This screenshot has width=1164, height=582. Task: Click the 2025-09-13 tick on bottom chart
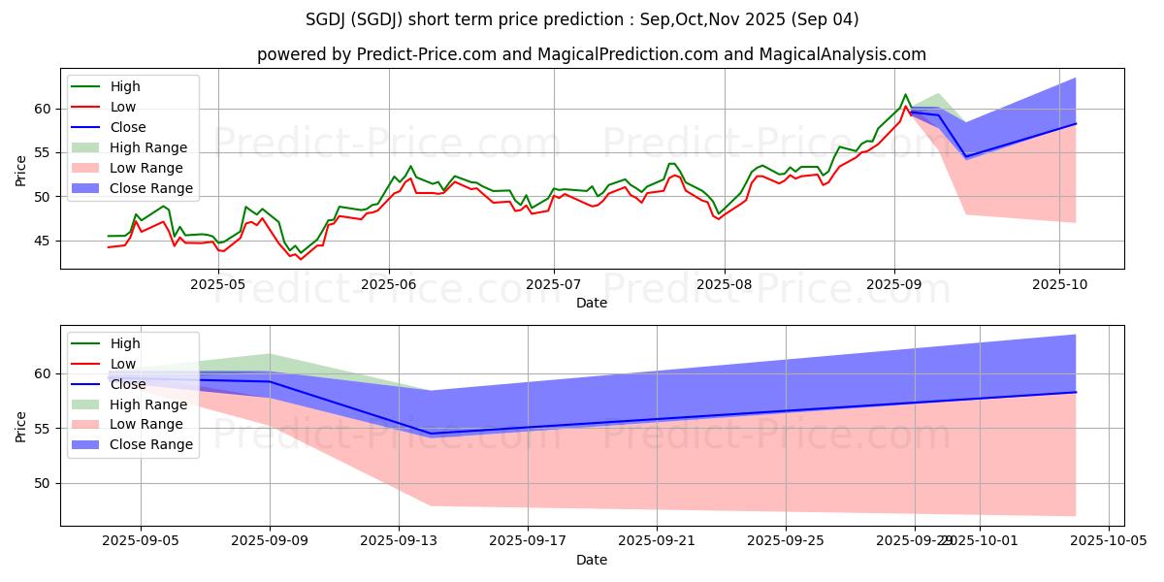[x=399, y=540]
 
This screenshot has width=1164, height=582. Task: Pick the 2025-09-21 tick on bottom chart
[x=657, y=540]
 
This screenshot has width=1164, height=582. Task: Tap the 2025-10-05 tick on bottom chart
[x=1108, y=540]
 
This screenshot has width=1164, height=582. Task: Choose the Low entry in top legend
[x=124, y=107]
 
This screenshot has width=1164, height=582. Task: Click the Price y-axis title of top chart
[x=21, y=169]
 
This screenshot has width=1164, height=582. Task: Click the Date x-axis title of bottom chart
[x=592, y=560]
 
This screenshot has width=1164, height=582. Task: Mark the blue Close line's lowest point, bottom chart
[x=431, y=434]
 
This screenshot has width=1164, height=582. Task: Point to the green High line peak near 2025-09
[x=906, y=94]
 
